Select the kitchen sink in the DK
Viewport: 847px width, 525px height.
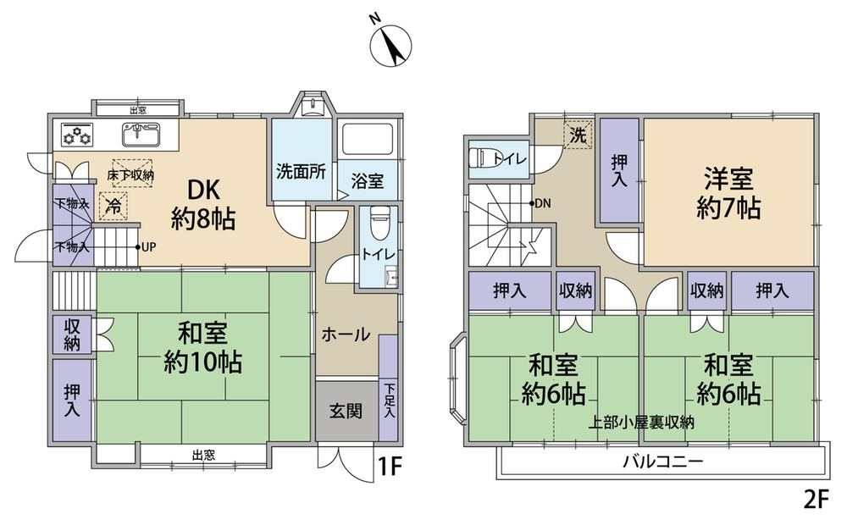(141, 135)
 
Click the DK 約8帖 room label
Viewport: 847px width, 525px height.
(203, 205)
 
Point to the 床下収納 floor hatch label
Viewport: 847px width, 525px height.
(130, 174)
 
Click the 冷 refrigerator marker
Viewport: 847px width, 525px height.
(113, 206)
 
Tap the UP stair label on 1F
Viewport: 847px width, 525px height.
(147, 247)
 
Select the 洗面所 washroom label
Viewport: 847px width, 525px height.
(301, 172)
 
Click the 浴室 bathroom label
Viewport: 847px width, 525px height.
(368, 181)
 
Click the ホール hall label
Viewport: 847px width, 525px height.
(346, 334)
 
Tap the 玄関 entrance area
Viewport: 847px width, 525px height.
(346, 412)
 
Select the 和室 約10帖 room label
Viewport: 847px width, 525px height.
(203, 348)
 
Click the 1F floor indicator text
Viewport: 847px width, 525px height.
(390, 467)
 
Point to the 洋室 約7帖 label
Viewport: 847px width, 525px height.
(728, 193)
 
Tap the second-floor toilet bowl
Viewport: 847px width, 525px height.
(483, 158)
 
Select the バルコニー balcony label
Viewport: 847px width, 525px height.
(663, 461)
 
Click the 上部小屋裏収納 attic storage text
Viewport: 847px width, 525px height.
(641, 423)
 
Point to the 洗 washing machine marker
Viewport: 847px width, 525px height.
(578, 135)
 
